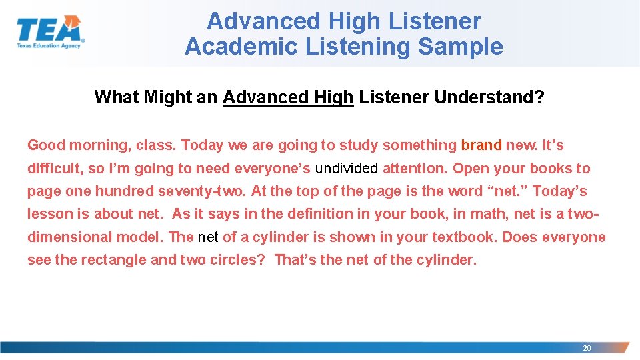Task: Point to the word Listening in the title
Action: pos(347,47)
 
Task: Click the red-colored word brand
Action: pos(481,145)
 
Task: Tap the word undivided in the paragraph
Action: pos(346,169)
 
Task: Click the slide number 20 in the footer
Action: pos(587,348)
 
